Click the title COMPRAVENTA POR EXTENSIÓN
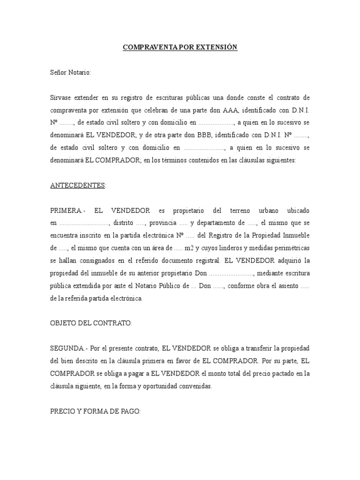click(x=180, y=48)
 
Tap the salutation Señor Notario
click(x=71, y=73)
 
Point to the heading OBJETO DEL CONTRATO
click(x=91, y=323)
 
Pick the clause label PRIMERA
click(x=68, y=210)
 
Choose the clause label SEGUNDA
click(x=68, y=349)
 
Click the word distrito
click(x=123, y=223)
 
